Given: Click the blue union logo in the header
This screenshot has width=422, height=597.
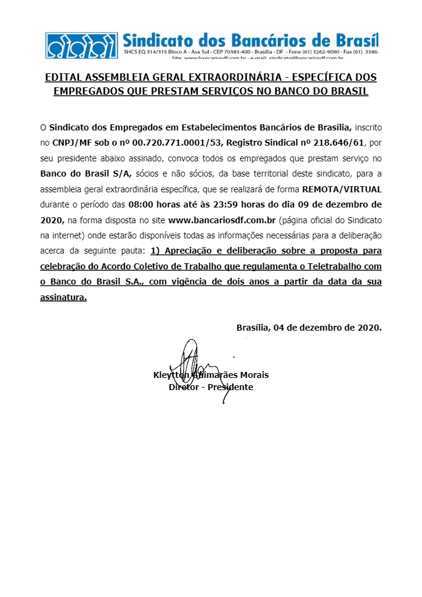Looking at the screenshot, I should pos(82,44).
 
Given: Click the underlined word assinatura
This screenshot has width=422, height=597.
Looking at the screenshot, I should pos(62,297).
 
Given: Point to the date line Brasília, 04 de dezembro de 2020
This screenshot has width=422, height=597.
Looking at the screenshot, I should pos(309,328).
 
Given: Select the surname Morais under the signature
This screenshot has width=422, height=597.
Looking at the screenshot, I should pos(250,375).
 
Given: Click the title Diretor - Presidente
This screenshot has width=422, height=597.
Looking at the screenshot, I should pos(211,386).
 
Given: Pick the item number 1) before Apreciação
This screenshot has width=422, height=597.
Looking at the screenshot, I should pos(155,251).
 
